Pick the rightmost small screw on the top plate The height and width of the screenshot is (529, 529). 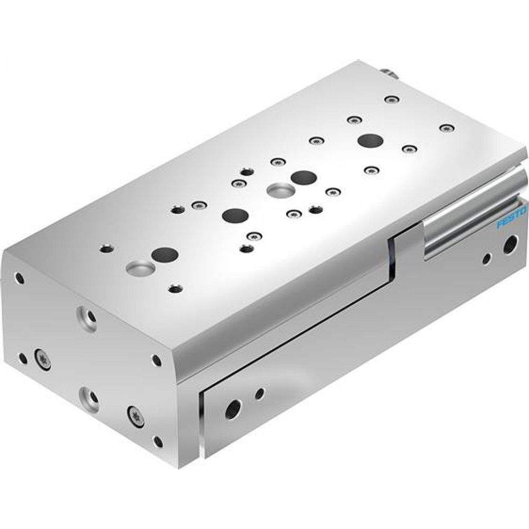pos(448,127)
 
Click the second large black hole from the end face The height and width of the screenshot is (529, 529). pos(235,215)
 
